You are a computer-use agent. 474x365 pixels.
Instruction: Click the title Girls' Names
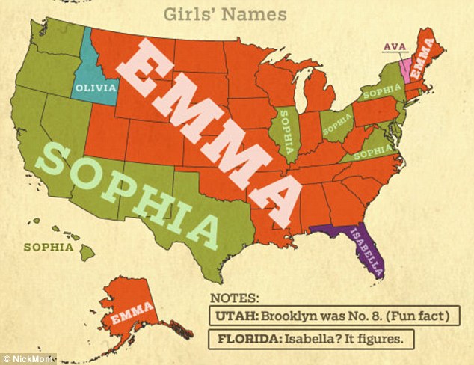(x=237, y=13)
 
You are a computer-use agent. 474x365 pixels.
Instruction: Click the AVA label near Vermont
(x=394, y=46)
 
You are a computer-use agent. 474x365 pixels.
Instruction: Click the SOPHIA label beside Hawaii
(x=49, y=246)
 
